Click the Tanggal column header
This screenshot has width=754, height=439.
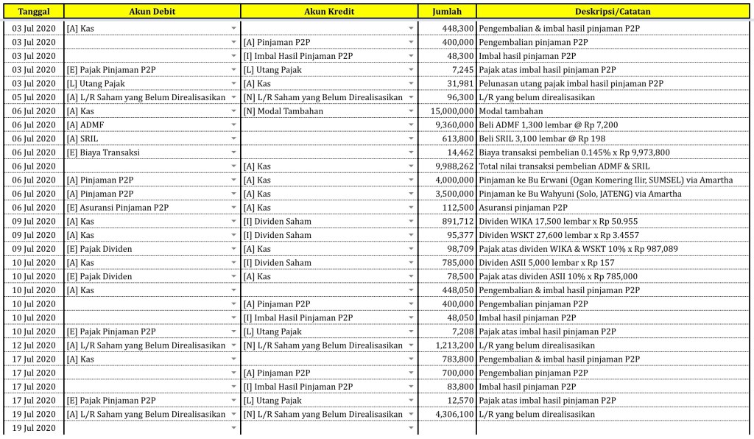click(x=34, y=12)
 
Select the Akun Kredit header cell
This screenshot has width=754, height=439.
click(x=329, y=12)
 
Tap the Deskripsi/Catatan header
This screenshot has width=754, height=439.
click(x=613, y=12)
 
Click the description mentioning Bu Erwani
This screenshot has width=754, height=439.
click(x=605, y=180)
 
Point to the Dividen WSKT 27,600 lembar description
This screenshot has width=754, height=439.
click(x=558, y=235)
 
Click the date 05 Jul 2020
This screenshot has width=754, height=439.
click(x=34, y=97)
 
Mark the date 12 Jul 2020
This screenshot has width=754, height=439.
click(x=34, y=345)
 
